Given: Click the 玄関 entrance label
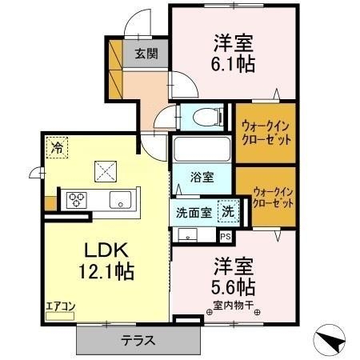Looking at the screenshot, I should [x=146, y=54].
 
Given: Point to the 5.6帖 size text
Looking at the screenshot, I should [x=234, y=286].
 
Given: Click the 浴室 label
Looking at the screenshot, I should [x=201, y=178].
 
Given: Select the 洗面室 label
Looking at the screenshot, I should [x=194, y=213].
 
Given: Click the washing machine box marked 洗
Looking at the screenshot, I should [x=228, y=212].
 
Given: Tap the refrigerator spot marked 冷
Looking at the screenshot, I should [x=56, y=146].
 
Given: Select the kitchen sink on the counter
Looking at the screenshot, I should [x=119, y=200].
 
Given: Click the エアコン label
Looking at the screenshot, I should [x=58, y=305].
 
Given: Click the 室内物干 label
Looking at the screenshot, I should [x=234, y=304].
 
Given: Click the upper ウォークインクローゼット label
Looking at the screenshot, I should [x=264, y=131].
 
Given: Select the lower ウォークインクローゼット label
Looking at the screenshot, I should [x=273, y=198].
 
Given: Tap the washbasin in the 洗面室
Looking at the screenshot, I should [x=187, y=235].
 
